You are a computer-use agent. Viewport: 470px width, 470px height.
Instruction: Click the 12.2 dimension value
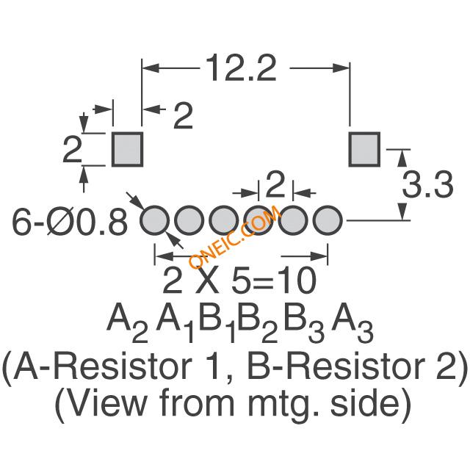(x=241, y=68)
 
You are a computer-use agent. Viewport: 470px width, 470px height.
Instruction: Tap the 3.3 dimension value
(x=427, y=185)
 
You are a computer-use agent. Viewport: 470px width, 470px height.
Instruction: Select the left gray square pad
(x=127, y=149)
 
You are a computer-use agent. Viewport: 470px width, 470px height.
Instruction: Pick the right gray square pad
(x=364, y=149)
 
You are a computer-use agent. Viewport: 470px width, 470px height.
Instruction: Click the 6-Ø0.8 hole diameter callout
(x=70, y=222)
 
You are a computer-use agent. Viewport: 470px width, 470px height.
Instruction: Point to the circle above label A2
(x=154, y=220)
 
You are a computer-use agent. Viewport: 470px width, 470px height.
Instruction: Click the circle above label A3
(x=328, y=220)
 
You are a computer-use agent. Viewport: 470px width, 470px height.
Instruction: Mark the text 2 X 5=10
(x=239, y=280)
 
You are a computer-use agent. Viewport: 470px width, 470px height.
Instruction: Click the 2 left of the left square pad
(x=72, y=150)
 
